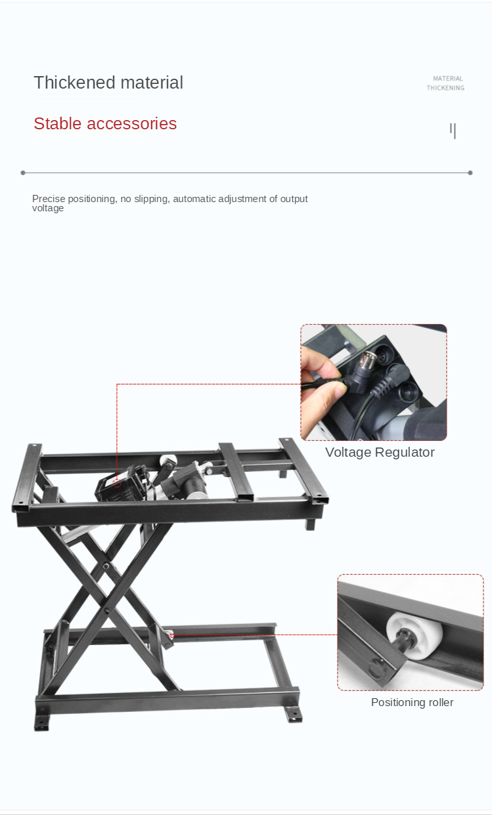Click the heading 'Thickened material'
pos(108,83)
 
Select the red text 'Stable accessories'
pos(105,124)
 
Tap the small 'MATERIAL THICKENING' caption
pos(446,83)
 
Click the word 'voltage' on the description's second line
pos(48,208)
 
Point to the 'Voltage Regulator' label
pos(380,452)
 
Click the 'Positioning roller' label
pos(413,702)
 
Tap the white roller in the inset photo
pos(414,635)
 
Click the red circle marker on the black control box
pos(117,483)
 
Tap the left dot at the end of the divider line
pos(23,173)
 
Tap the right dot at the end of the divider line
pos(470,173)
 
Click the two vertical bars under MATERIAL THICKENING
pos(453,131)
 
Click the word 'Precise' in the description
pos(49,199)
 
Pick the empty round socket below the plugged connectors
pos(409,393)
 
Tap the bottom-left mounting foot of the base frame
pos(41,722)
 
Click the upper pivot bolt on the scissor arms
pos(106,566)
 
